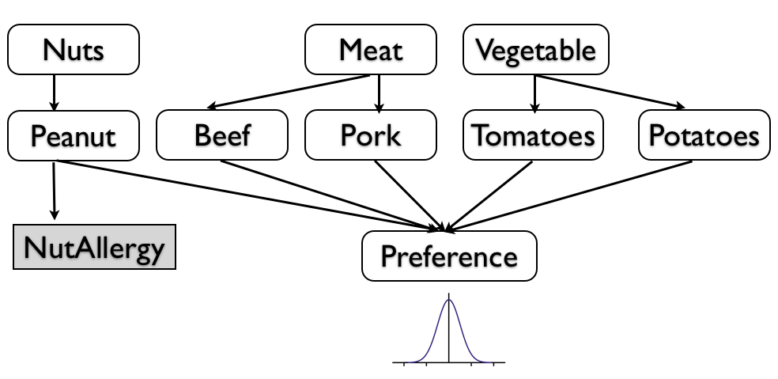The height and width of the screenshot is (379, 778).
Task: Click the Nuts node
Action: (x=74, y=50)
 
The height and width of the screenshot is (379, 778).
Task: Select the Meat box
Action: (x=370, y=50)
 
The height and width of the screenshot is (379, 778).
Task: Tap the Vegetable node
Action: (x=535, y=50)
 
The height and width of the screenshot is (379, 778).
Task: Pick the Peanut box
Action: (x=74, y=136)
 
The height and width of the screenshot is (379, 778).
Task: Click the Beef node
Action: (x=222, y=136)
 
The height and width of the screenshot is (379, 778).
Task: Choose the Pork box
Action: (x=370, y=136)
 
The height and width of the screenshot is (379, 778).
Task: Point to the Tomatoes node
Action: (x=534, y=136)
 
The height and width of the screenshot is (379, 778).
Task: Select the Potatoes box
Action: (x=703, y=136)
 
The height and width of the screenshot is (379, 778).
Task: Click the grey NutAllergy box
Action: (x=94, y=248)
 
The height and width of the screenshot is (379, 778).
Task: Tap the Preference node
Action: (x=449, y=256)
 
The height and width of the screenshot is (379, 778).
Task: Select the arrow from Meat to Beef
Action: (x=289, y=93)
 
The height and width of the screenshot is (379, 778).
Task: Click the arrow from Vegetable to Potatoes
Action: (x=609, y=92)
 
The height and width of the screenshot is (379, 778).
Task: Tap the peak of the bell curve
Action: (x=449, y=300)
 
